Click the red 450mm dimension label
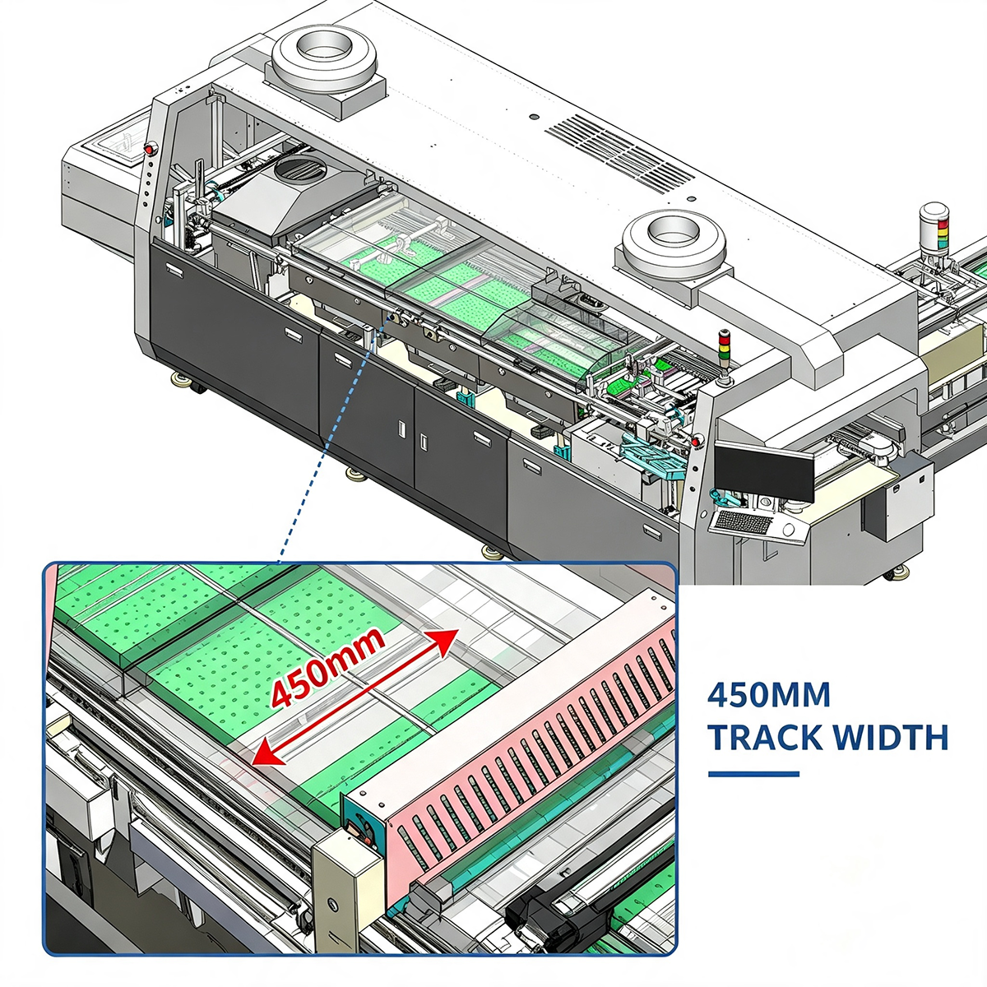pos(327,667)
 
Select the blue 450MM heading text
pos(768,696)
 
